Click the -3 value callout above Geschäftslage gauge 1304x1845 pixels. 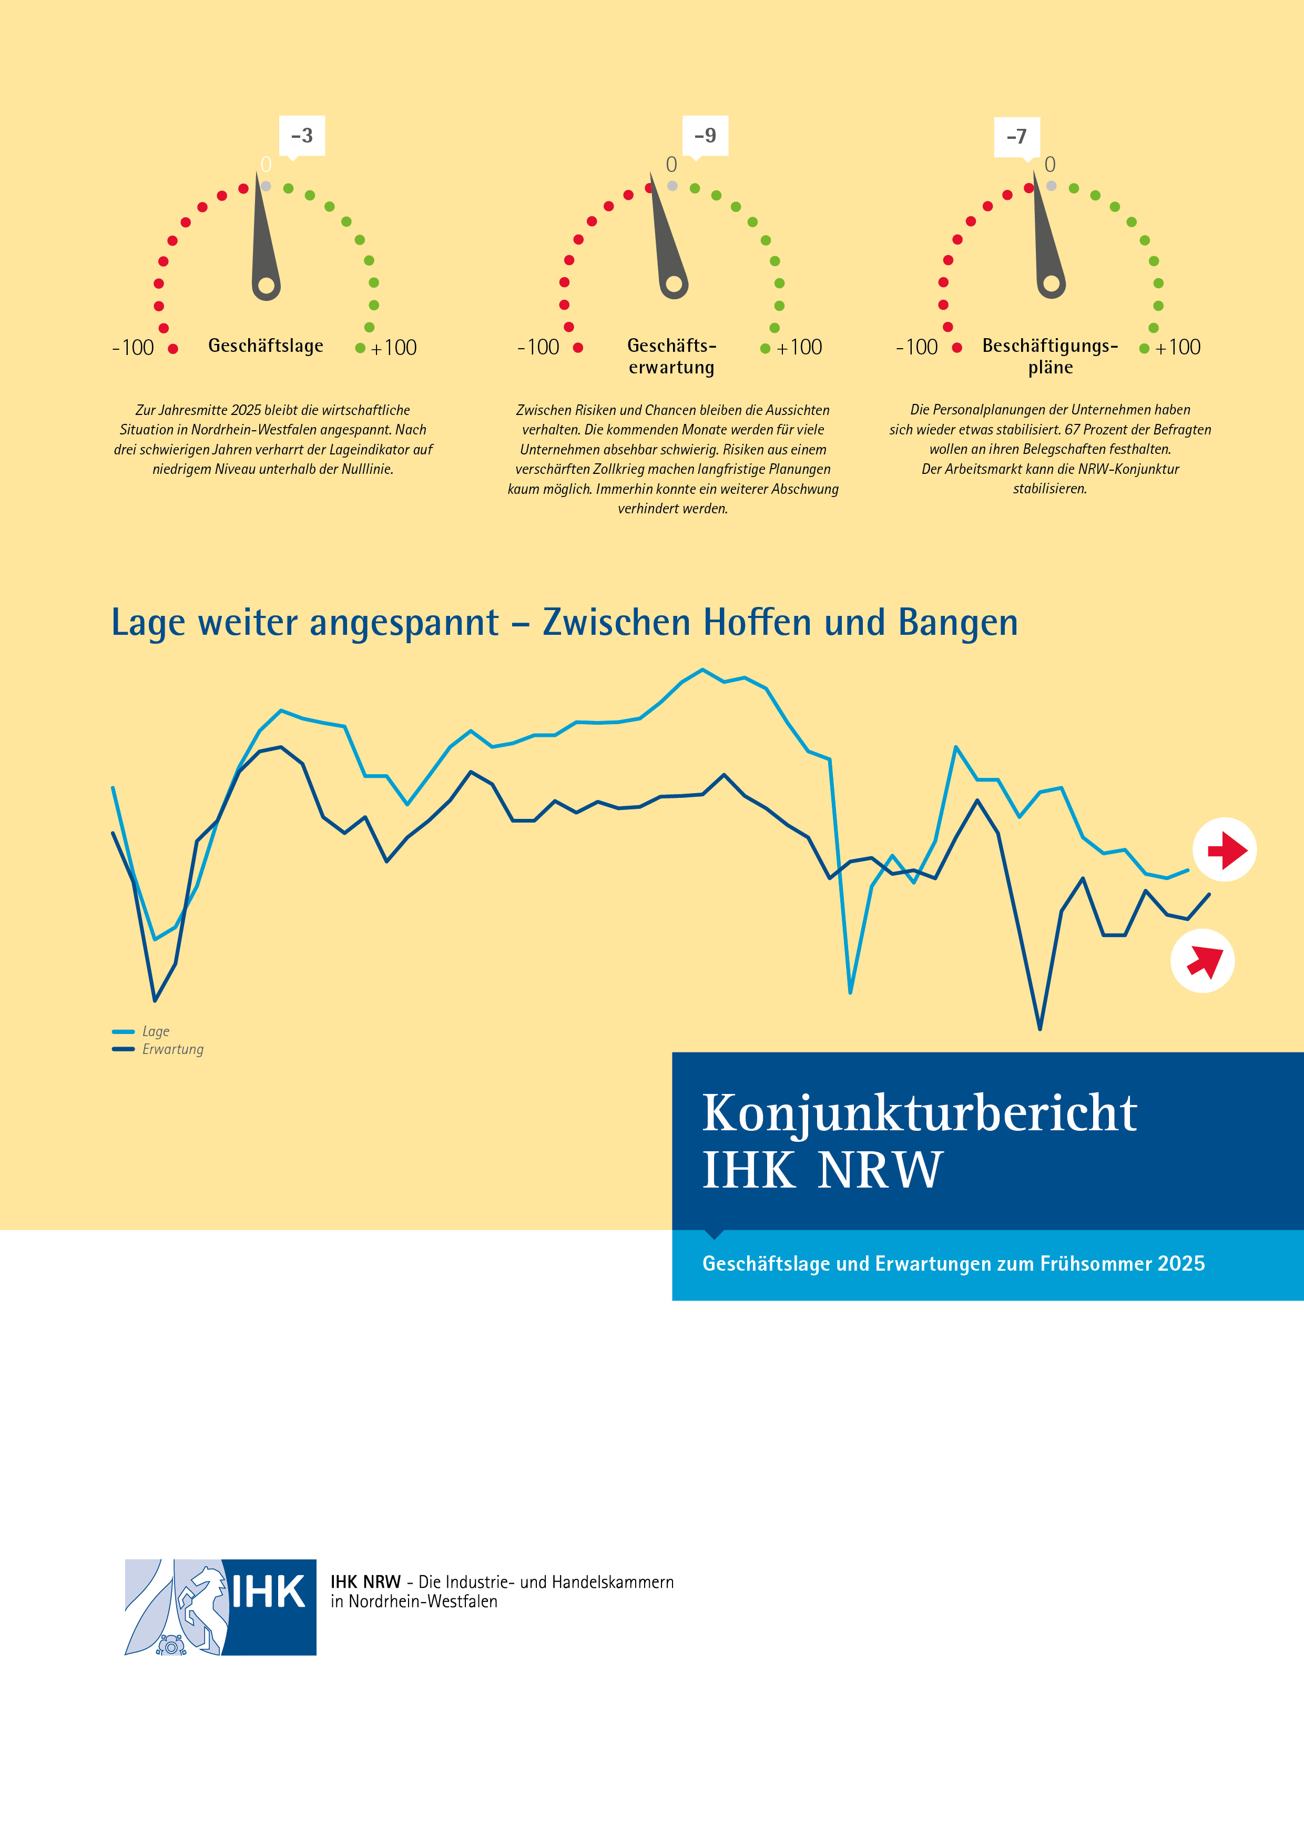tap(302, 136)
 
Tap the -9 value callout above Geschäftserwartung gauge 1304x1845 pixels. tap(706, 136)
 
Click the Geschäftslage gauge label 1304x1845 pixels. tap(266, 346)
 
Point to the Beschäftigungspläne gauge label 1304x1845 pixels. tap(1050, 356)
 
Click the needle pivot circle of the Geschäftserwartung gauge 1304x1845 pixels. tap(674, 283)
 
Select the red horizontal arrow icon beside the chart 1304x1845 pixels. tap(1225, 849)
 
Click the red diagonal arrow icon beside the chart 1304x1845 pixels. tap(1203, 961)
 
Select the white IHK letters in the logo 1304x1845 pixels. tap(268, 1592)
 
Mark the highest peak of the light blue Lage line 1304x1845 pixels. tap(703, 670)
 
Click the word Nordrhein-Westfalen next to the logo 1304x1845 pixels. tap(423, 1601)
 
